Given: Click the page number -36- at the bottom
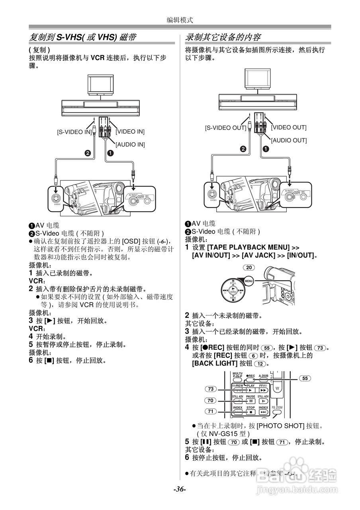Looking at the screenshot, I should coord(180,489).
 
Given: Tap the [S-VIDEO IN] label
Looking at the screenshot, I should coord(74,131).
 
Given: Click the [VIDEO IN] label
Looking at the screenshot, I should coord(130,131).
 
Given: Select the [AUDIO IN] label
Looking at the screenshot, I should coord(130,144).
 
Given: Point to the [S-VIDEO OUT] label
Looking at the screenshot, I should coord(226,128).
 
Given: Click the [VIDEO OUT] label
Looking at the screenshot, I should coord(289,127).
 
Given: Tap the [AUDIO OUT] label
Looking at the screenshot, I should coord(289,140).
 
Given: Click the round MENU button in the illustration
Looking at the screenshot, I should coord(249,281).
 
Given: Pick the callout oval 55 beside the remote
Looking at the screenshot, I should coord(305,378).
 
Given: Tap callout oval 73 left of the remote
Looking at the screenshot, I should coord(211,389).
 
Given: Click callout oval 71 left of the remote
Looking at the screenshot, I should coord(211,411).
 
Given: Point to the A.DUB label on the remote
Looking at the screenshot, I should coord(263,376).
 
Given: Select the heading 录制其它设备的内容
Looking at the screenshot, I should coord(223,37).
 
